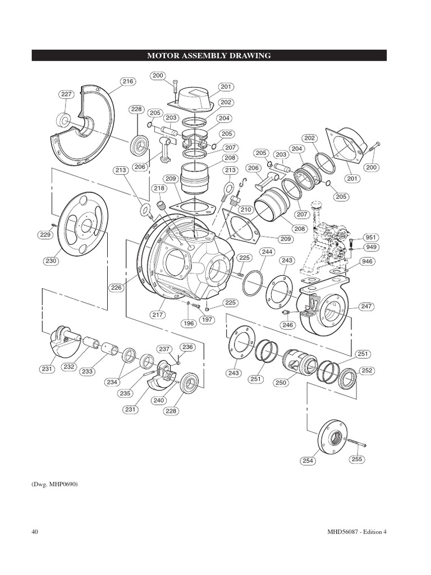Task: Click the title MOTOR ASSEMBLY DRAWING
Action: point(209,56)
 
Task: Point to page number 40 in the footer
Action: point(35,532)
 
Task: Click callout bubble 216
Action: point(128,81)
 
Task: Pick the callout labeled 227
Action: point(66,94)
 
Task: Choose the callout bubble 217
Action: point(158,315)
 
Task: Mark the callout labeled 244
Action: point(267,252)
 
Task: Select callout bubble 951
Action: point(370,238)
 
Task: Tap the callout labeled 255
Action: point(356,459)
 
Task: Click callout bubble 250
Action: point(281,382)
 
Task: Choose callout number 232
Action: point(69,367)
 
